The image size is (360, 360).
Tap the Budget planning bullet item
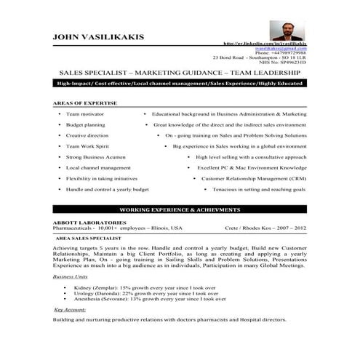click(85, 124)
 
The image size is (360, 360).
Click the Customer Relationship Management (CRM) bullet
click(254, 177)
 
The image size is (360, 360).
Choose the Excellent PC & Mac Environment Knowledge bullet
click(252, 167)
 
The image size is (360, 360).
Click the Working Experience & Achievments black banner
click(180, 209)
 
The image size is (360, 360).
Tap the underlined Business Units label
click(71, 277)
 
